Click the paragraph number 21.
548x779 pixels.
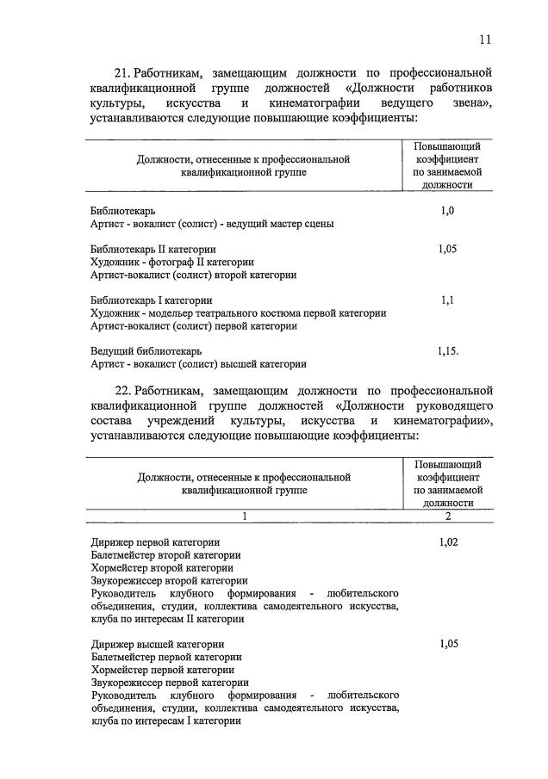(123, 71)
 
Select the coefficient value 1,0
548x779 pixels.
(446, 210)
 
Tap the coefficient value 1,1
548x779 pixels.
(446, 300)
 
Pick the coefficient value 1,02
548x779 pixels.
(448, 542)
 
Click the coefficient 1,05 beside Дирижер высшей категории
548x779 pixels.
(448, 644)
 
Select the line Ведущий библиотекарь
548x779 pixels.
(146, 351)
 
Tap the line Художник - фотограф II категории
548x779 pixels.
(172, 262)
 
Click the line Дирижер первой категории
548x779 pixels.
(155, 542)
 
